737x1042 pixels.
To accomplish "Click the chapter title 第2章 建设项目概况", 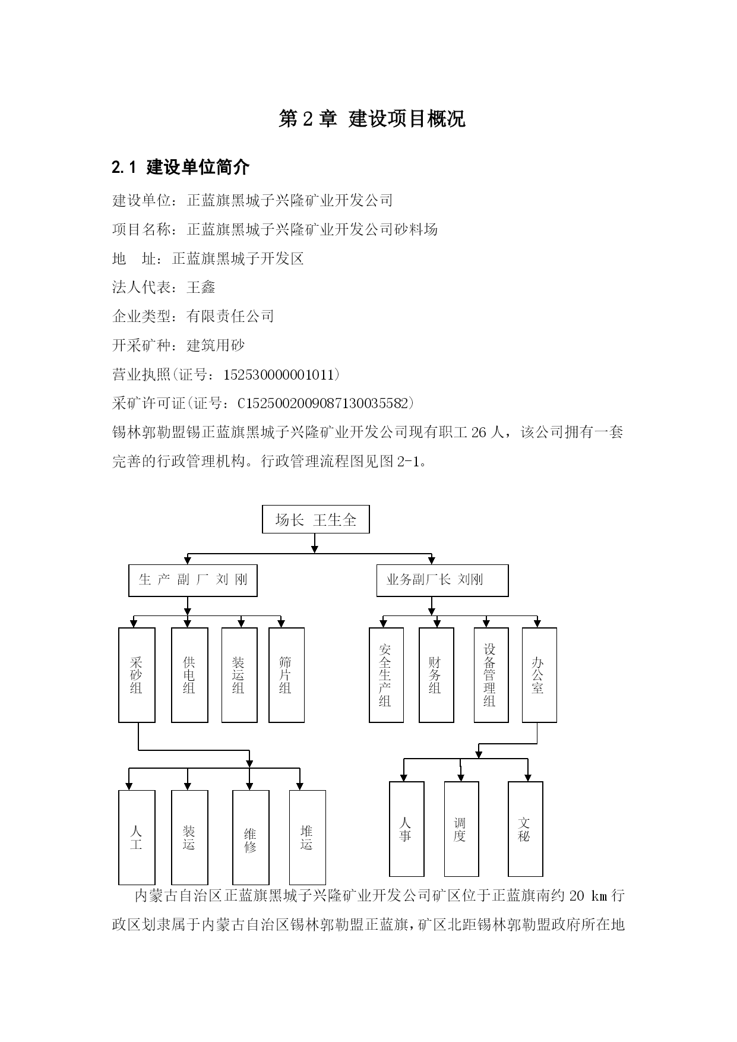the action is pyautogui.click(x=372, y=119).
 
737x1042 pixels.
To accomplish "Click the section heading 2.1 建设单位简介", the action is pyautogui.click(x=181, y=168).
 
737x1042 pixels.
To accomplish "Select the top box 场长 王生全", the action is pyautogui.click(x=316, y=520).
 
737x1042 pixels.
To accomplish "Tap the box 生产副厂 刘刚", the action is pyautogui.click(x=193, y=580).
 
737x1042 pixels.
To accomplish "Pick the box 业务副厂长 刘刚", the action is pyautogui.click(x=442, y=580).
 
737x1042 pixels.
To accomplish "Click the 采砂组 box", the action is pyautogui.click(x=137, y=675).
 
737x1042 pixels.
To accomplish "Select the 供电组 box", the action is pyautogui.click(x=189, y=675).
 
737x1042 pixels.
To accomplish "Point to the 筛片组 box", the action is pyautogui.click(x=286, y=675).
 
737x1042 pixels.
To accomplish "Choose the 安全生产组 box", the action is pyautogui.click(x=386, y=675).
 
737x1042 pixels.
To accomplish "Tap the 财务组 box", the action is pyautogui.click(x=436, y=675).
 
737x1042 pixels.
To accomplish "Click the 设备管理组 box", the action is pyautogui.click(x=491, y=675).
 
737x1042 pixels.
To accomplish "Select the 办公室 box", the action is pyautogui.click(x=539, y=675).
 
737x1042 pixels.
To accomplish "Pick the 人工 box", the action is pyautogui.click(x=137, y=838).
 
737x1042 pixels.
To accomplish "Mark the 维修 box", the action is pyautogui.click(x=251, y=838).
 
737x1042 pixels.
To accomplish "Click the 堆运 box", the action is pyautogui.click(x=307, y=838).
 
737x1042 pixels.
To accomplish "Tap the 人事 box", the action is pyautogui.click(x=406, y=829).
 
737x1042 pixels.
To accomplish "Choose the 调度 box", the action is pyautogui.click(x=461, y=829).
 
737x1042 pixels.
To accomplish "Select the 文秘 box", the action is pyautogui.click(x=526, y=829).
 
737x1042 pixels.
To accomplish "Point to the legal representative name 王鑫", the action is pyautogui.click(x=201, y=288).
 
